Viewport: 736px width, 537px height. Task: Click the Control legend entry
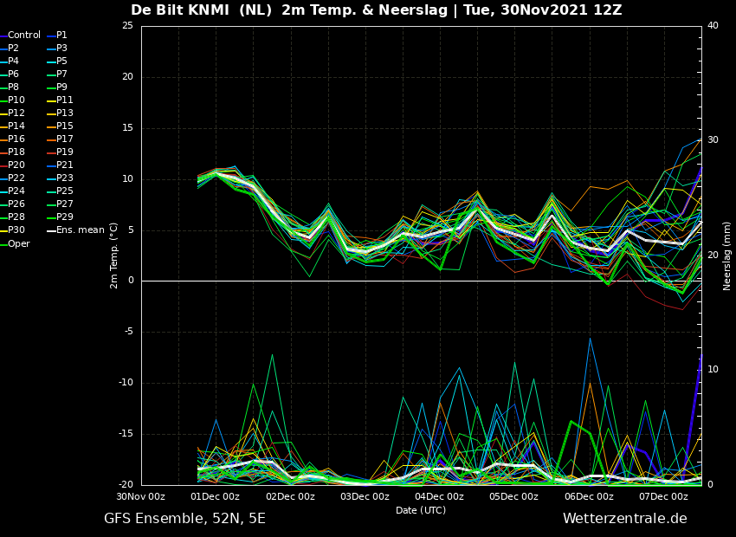[20, 36]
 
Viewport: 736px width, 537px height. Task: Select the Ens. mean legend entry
[75, 230]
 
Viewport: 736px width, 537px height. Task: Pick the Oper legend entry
[15, 244]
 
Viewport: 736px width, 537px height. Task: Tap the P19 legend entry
[60, 152]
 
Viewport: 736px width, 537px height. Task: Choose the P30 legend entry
[12, 230]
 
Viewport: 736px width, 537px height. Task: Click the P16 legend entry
[12, 139]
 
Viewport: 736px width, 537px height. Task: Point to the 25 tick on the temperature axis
[127, 26]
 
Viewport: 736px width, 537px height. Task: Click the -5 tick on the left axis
[129, 332]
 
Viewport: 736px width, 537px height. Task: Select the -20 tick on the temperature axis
[126, 485]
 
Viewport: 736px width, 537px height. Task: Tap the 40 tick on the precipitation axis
[713, 26]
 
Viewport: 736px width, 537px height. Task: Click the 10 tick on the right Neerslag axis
[713, 370]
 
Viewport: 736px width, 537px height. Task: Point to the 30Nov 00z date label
[141, 496]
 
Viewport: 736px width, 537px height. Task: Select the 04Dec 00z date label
[440, 496]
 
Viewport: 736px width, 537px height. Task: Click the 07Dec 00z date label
[664, 496]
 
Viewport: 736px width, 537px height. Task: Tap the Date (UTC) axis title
[421, 510]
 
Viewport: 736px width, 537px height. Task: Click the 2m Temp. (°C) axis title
[114, 256]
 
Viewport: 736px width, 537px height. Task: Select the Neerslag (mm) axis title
[727, 257]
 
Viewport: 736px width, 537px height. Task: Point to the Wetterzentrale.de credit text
[625, 519]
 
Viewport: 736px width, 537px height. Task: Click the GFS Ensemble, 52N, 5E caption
[184, 519]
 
